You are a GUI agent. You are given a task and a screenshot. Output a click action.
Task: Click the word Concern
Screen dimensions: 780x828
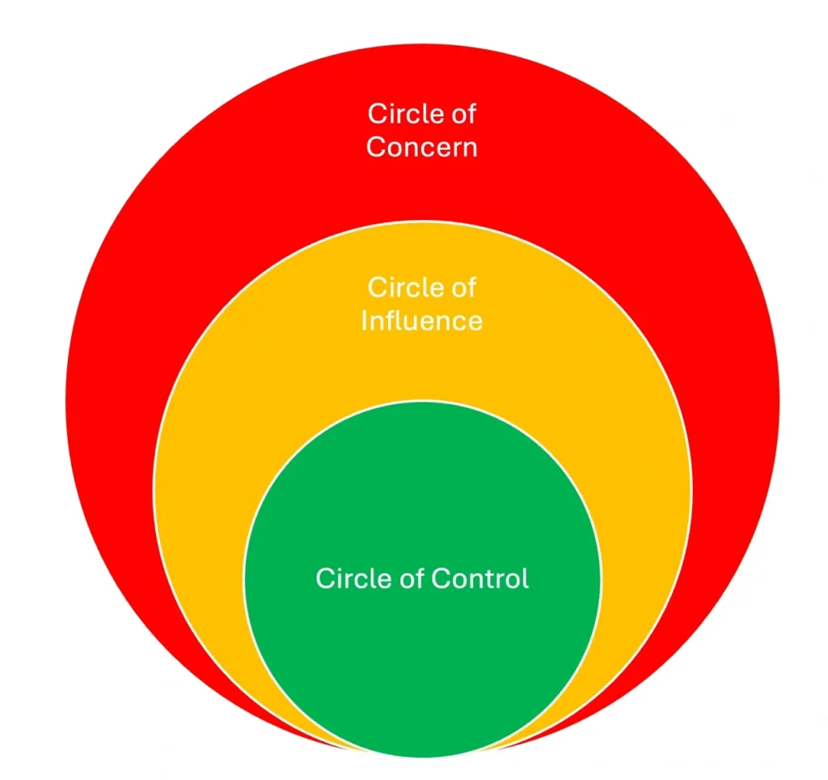(421, 148)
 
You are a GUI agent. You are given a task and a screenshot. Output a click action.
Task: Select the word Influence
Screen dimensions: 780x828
(421, 321)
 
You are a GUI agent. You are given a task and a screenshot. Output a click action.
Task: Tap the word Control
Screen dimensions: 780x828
(479, 579)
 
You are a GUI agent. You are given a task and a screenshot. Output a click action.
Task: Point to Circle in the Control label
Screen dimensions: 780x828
(348, 579)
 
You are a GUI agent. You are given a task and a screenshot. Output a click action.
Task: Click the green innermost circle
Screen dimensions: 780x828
(422, 647)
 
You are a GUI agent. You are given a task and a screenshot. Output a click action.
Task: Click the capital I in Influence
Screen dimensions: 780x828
(365, 321)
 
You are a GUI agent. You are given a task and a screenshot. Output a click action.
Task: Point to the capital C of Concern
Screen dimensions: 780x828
(376, 148)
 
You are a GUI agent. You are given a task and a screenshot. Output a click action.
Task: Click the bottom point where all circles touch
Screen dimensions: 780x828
(422, 756)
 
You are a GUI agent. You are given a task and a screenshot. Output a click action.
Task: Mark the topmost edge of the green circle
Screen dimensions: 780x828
(422, 401)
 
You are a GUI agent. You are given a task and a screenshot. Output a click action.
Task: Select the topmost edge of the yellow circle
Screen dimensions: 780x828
(422, 221)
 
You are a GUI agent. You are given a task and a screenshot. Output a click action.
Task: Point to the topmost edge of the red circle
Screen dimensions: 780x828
(422, 44)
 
